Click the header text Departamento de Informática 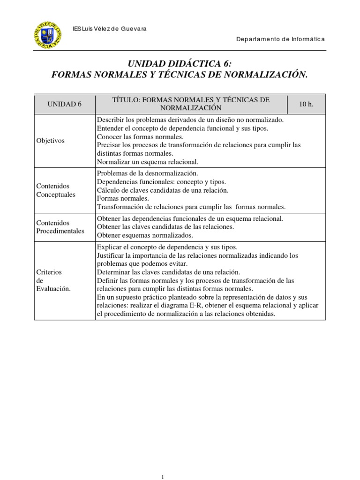click(x=280, y=39)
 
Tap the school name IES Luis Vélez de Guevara click(x=110, y=29)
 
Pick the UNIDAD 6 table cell click(x=65, y=104)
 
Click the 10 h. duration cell click(x=306, y=104)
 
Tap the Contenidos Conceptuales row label click(x=55, y=190)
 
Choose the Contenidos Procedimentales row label click(x=60, y=227)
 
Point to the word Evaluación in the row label click(x=53, y=288)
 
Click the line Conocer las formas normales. click(x=140, y=136)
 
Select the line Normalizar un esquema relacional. click(x=148, y=162)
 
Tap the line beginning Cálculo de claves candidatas click(x=162, y=190)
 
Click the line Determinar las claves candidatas click(x=168, y=272)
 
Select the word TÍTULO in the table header click(x=126, y=100)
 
